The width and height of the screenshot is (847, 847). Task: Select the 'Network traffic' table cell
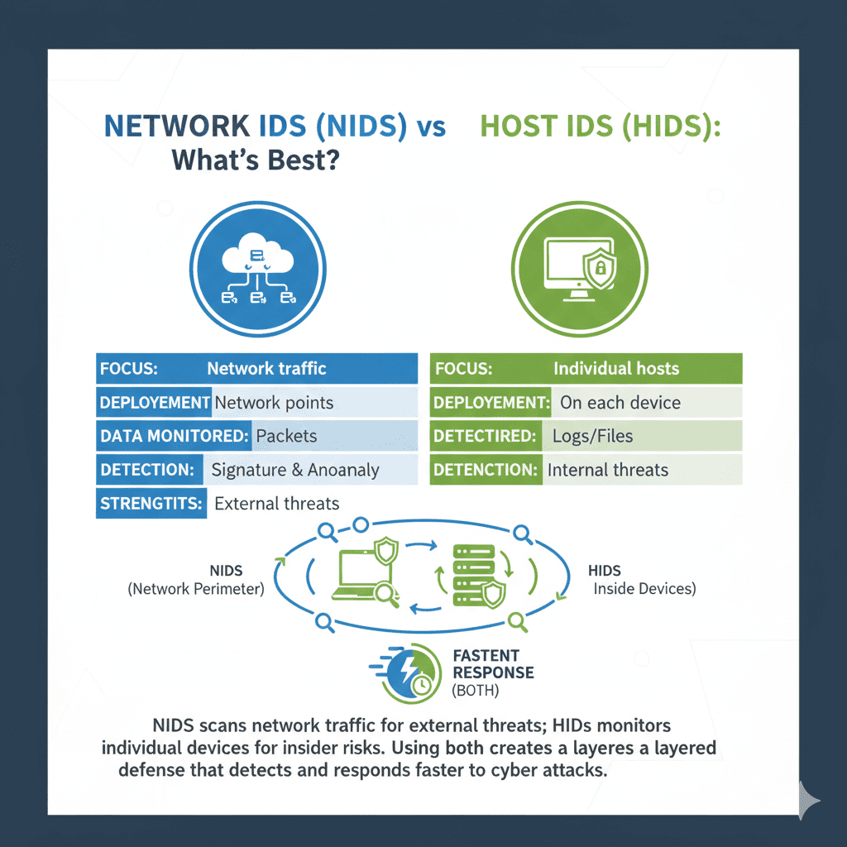266,369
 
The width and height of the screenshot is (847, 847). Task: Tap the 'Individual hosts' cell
616,369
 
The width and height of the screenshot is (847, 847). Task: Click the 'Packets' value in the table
286,435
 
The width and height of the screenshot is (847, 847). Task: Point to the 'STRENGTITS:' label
151,503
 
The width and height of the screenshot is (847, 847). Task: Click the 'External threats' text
276,503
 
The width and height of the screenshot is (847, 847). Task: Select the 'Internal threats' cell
607,470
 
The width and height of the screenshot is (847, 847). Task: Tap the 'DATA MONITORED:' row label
175,435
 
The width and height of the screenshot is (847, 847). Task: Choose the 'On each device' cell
620,403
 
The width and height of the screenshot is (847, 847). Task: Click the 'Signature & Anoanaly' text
294,470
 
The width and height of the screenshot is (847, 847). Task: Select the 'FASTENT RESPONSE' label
493,663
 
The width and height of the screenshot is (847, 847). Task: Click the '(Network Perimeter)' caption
196,589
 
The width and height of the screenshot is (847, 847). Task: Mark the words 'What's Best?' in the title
256,160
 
